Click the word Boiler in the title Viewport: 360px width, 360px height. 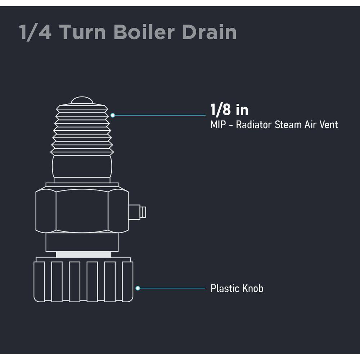[144, 32]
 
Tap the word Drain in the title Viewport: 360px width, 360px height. [209, 32]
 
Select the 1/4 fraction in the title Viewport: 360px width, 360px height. [35, 32]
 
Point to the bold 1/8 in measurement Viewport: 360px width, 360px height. [229, 110]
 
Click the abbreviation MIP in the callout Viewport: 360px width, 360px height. [218, 125]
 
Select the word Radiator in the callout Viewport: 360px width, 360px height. [254, 125]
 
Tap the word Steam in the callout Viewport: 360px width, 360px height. [288, 125]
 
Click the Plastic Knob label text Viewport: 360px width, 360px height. [237, 288]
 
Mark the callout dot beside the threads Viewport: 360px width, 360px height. [112, 115]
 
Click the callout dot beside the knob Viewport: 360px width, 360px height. [138, 288]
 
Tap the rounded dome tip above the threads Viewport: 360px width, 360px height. [82, 100]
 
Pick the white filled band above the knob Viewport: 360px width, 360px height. [84, 255]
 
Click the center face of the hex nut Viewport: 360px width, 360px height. [82, 211]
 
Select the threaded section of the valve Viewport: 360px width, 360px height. [82, 130]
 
